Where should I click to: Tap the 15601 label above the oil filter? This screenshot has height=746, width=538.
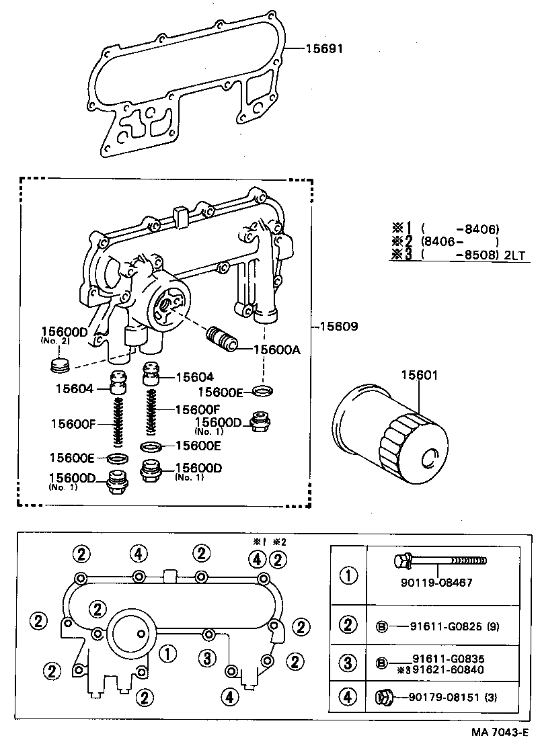(420, 376)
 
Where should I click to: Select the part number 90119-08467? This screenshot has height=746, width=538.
(440, 583)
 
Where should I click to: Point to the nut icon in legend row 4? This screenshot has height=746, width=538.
(383, 698)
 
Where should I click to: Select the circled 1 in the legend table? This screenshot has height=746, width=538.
(348, 576)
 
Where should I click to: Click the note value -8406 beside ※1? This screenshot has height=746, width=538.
(481, 229)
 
